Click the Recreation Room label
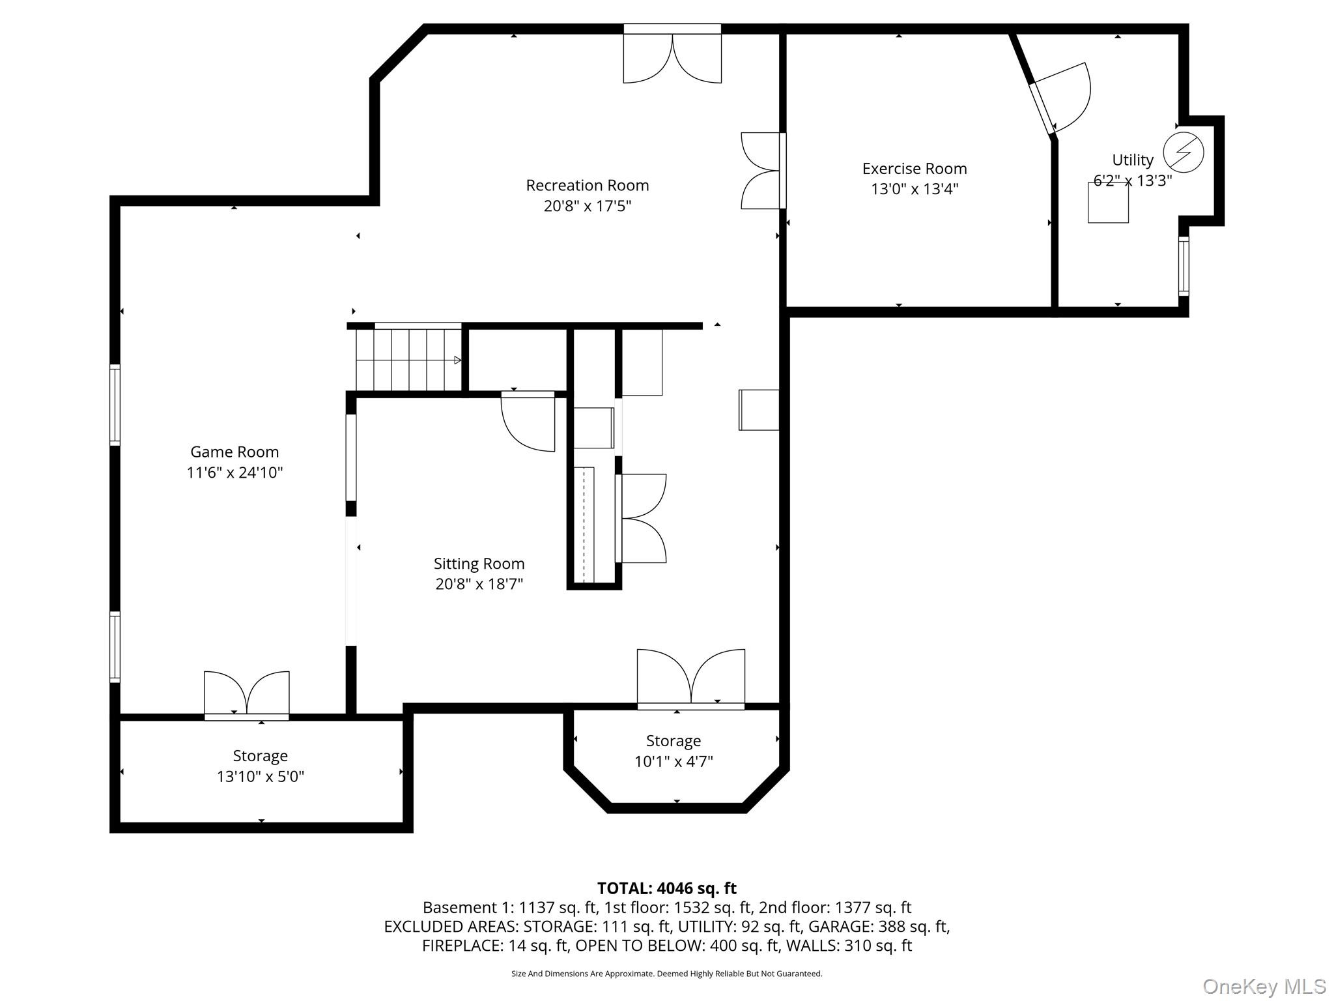click(x=588, y=186)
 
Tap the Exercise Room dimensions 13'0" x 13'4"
click(x=915, y=189)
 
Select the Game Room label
click(x=234, y=452)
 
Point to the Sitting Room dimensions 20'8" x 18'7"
click(x=479, y=584)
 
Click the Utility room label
click(x=1133, y=160)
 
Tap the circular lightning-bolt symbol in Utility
click(x=1184, y=152)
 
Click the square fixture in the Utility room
click(x=1108, y=203)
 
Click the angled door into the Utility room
click(x=1058, y=100)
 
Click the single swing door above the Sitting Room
click(x=528, y=421)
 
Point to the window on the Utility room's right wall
click(x=1184, y=266)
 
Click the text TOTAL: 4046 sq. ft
click(x=666, y=888)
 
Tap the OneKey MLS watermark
click(x=1264, y=986)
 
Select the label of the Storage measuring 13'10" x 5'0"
click(x=261, y=756)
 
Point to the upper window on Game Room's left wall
click(x=115, y=405)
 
